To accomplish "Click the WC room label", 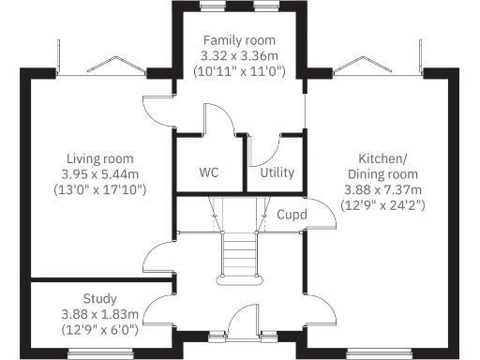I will coord(208,173).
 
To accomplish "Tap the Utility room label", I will coord(277,173).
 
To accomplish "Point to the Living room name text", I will coord(99,158).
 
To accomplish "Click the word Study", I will coord(99,300).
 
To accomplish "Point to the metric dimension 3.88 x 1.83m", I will coord(99,315).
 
